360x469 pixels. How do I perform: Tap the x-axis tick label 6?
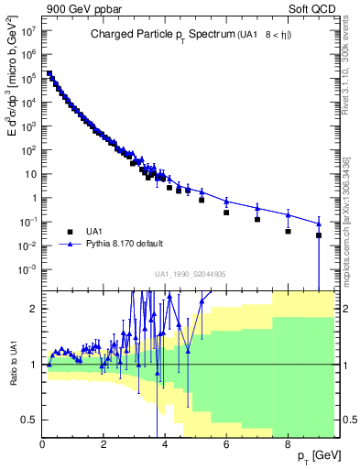(226, 447)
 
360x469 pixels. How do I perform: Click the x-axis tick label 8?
(288, 447)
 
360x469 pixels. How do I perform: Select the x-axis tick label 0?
(43, 447)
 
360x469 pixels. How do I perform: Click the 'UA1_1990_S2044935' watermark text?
(191, 274)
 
